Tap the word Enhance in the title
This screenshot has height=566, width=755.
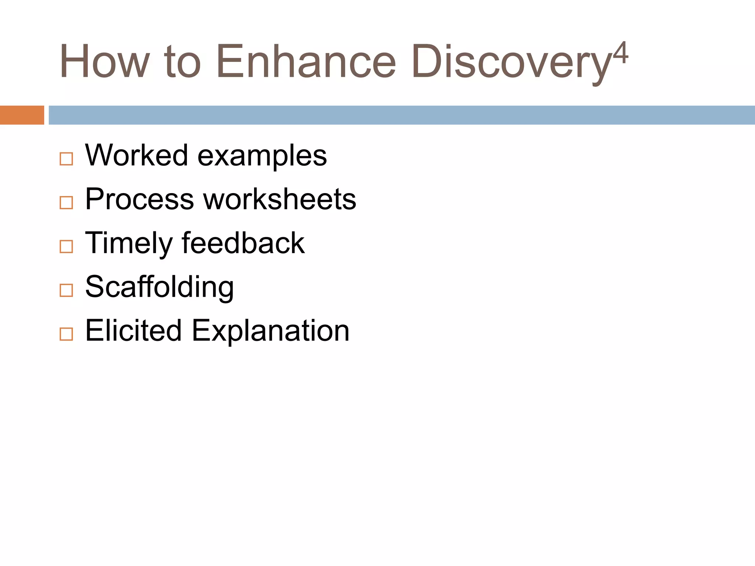click(x=306, y=62)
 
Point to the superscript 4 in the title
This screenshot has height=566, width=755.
click(x=620, y=53)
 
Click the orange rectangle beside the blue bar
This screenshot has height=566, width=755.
click(x=22, y=115)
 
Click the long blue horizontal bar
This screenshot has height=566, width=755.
click(x=401, y=115)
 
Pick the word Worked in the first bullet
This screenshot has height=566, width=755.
click(x=137, y=155)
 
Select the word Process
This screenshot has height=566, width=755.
click(x=139, y=199)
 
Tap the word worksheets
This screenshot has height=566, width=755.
click(x=279, y=199)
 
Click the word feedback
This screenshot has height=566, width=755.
click(x=243, y=242)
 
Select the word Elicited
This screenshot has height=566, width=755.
click(x=133, y=330)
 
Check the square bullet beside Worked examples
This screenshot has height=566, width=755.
click(x=66, y=159)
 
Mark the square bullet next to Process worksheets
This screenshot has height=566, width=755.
click(x=66, y=203)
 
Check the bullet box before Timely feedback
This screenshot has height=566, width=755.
click(x=66, y=247)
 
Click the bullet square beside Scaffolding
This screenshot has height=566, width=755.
click(x=66, y=290)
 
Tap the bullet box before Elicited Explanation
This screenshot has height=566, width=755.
click(x=66, y=334)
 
